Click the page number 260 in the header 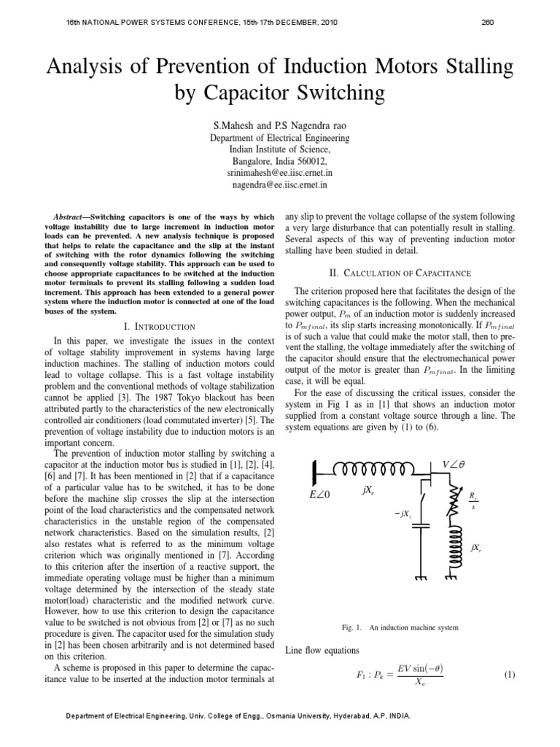point(488,22)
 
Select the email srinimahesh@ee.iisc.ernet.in point(280,173)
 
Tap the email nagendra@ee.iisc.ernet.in point(280,185)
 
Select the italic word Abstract point(71,217)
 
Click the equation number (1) point(510,675)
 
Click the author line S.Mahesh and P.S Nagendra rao point(280,124)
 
